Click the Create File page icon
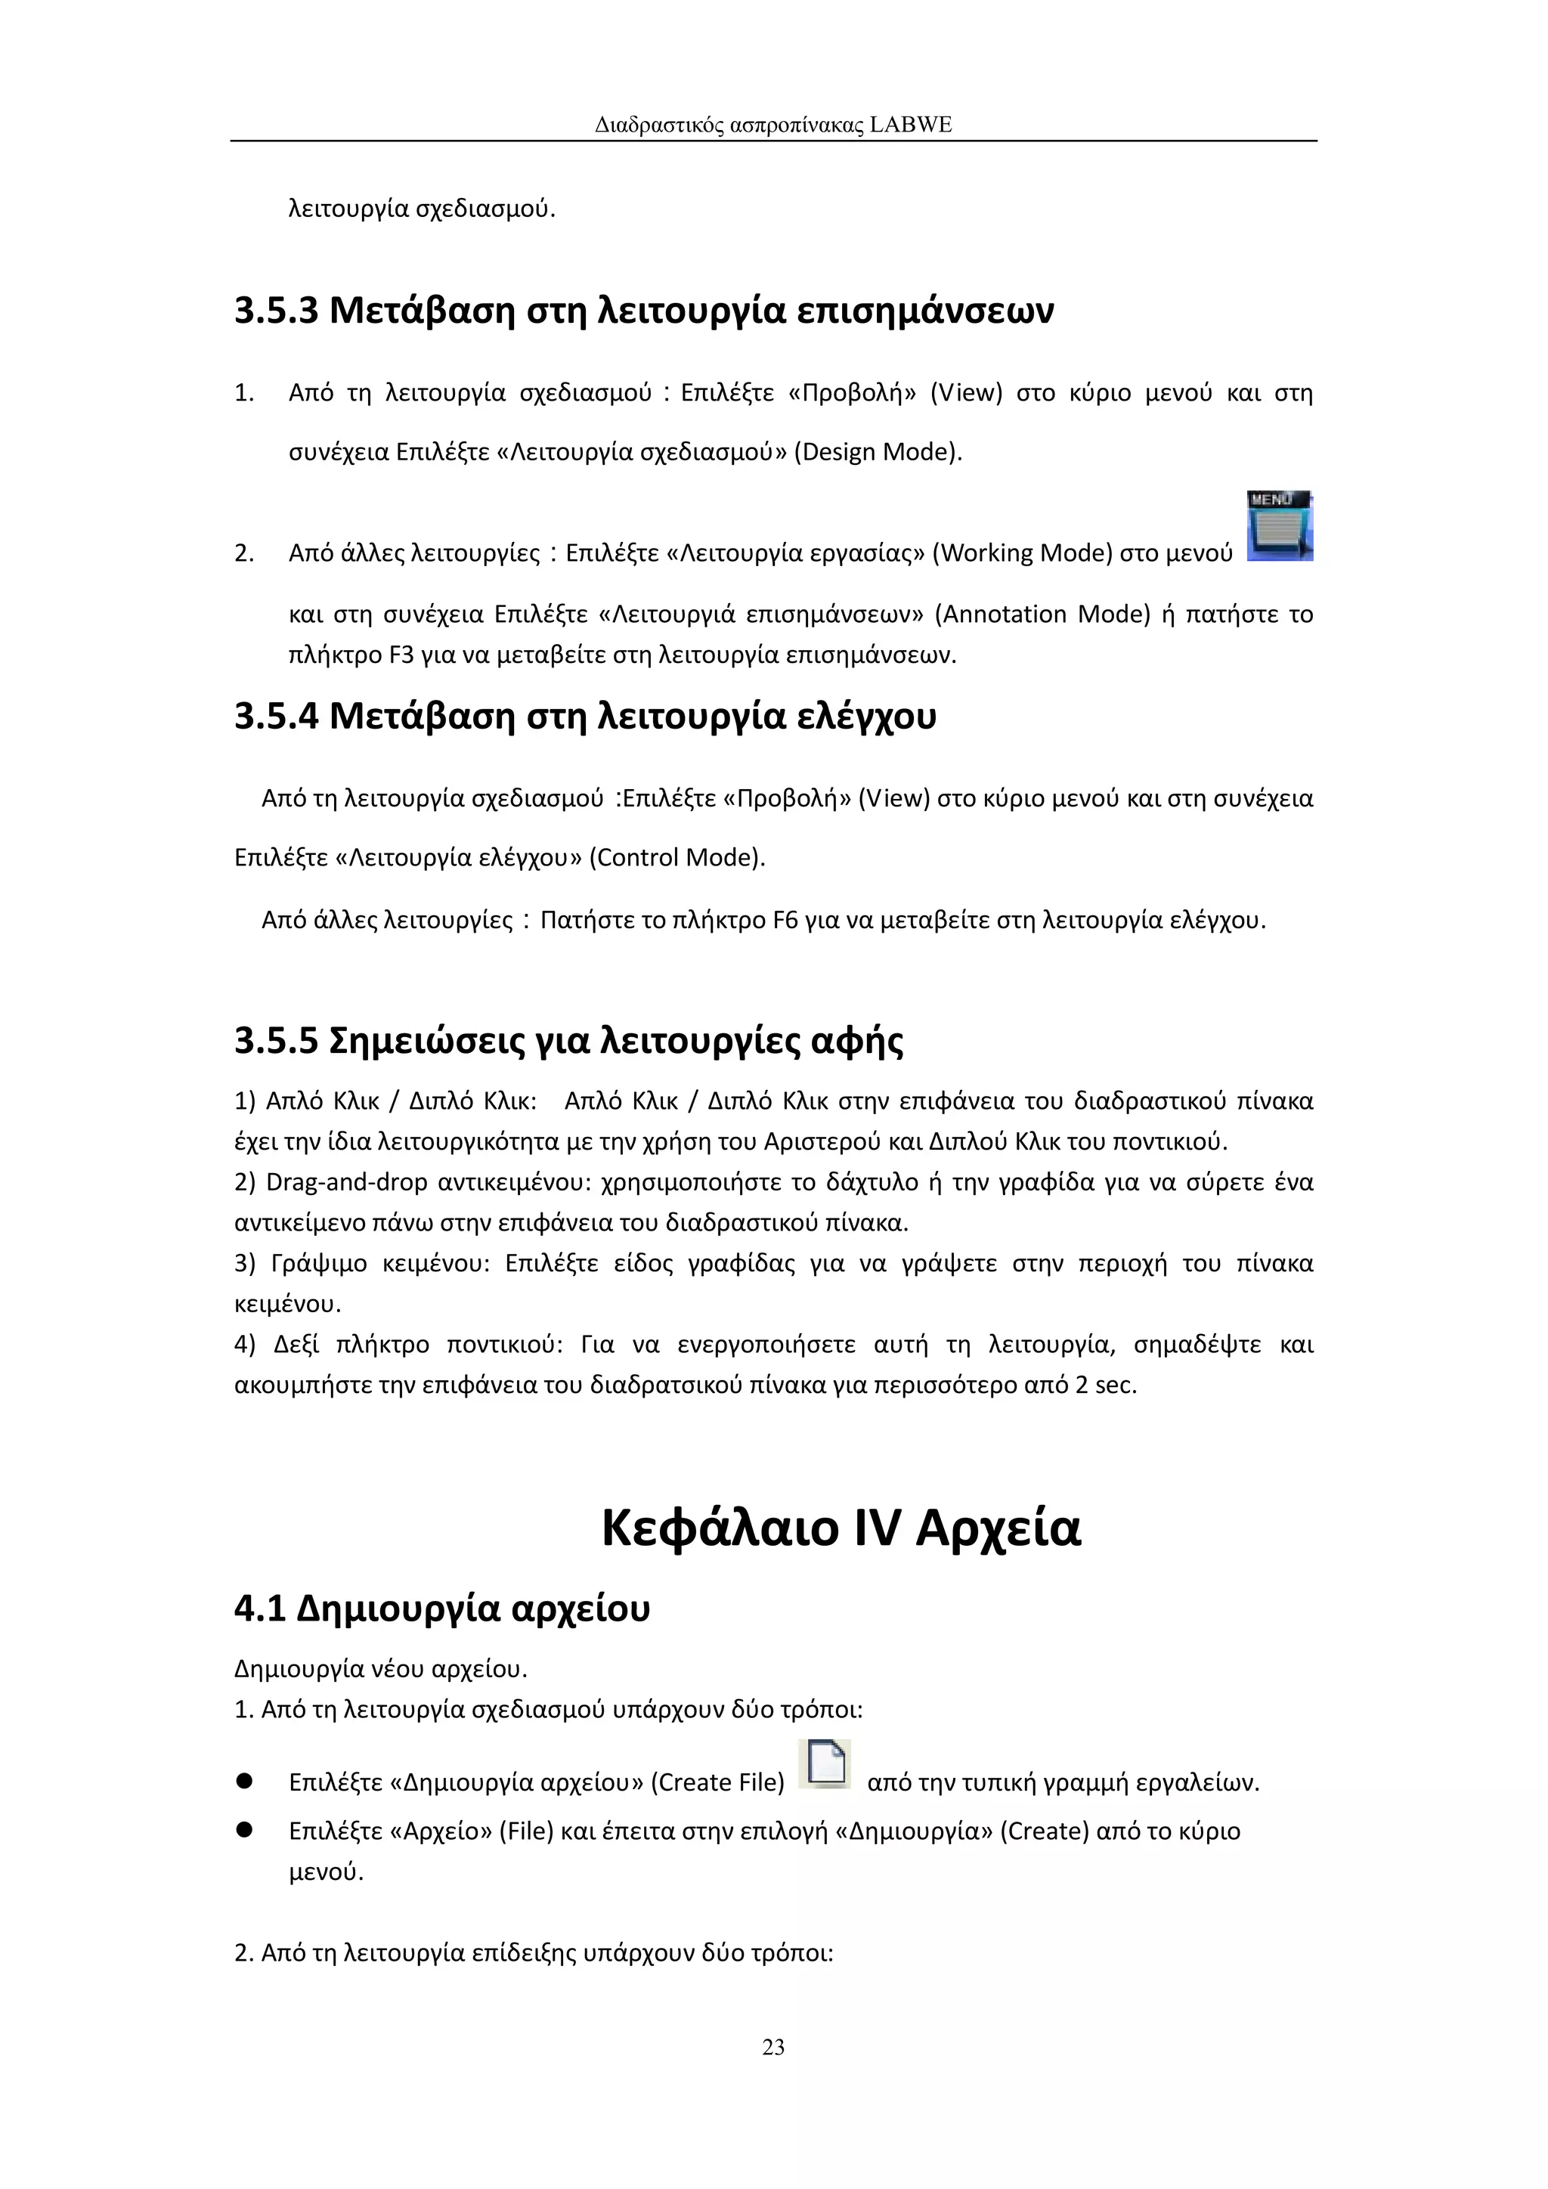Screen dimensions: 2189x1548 (825, 1762)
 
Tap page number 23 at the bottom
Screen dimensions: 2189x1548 (773, 2047)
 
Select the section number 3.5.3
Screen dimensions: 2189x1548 (275, 311)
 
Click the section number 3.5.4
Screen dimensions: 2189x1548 (275, 716)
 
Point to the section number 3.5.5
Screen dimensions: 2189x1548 (275, 1041)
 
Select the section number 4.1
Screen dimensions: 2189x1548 (259, 1609)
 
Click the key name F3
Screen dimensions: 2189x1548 (401, 655)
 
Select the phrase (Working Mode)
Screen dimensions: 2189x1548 (1022, 553)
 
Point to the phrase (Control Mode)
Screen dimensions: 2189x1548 (676, 857)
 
